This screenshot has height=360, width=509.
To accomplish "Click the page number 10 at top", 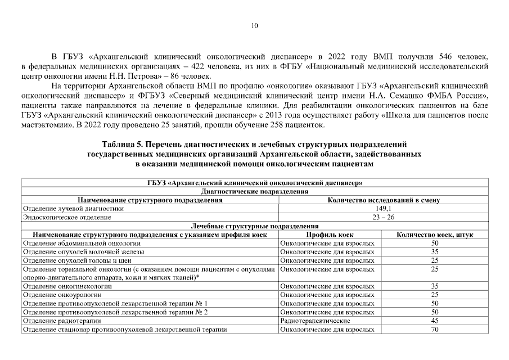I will click(254, 26).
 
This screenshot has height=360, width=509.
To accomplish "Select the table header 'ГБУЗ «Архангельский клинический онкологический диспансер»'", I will click(254, 183).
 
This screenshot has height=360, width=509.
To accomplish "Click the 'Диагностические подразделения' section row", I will click(254, 192).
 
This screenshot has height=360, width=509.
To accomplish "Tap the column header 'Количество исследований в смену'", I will click(383, 200).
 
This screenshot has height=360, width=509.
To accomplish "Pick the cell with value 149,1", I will click(383, 208).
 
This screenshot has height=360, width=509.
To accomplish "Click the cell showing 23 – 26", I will click(383, 217).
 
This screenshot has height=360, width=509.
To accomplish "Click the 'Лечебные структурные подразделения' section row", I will click(254, 225).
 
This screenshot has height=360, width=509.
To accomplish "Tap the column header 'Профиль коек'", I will click(330, 233).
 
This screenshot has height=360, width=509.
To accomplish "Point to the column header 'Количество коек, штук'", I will click(435, 233).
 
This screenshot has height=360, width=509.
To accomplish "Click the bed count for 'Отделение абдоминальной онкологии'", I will click(435, 243).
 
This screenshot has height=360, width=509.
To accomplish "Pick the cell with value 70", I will click(435, 330).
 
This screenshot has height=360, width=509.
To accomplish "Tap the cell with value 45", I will click(435, 321).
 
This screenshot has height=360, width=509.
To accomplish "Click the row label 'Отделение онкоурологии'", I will click(62, 295).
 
